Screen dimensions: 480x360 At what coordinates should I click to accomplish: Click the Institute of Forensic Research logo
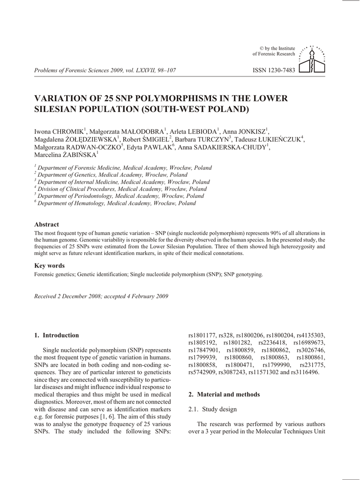click(x=313, y=60)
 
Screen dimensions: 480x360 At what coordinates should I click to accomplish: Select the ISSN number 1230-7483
click(x=274, y=70)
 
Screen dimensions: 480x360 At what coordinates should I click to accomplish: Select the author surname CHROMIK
click(x=67, y=131)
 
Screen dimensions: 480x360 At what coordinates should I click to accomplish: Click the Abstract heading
click(x=47, y=225)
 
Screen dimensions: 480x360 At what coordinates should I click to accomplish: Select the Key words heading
click(x=50, y=265)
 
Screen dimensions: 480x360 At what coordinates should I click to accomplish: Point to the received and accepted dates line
click(x=101, y=296)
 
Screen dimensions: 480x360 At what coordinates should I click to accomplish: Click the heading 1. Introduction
click(x=57, y=335)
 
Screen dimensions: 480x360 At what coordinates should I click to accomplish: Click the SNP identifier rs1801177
click(x=202, y=335)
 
